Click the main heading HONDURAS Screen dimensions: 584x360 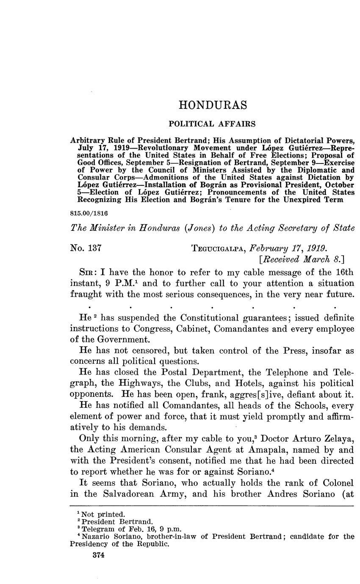pyautogui.click(x=212, y=105)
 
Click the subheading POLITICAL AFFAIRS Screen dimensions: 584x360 pyautogui.click(x=212, y=124)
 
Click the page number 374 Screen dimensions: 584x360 pyautogui.click(x=98, y=555)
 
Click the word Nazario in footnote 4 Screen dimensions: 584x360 pyautogui.click(x=95, y=536)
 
